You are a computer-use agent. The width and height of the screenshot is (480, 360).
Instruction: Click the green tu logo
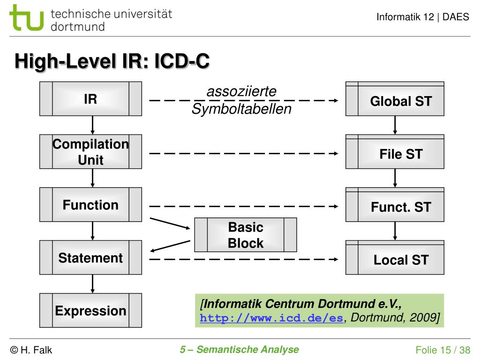[26, 18]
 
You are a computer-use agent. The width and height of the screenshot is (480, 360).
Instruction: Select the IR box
[90, 98]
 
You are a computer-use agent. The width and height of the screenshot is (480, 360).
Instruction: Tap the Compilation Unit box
[90, 151]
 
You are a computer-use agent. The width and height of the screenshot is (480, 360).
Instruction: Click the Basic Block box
[246, 235]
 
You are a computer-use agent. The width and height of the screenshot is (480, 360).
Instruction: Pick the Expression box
[90, 310]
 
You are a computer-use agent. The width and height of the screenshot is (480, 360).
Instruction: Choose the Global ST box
[395, 98]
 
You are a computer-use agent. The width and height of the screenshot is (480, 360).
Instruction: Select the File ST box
[395, 151]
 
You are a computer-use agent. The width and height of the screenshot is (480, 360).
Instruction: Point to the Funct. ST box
[395, 204]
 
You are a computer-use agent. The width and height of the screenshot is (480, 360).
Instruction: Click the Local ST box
[395, 257]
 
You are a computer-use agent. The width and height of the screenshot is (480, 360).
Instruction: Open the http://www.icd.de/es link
[271, 318]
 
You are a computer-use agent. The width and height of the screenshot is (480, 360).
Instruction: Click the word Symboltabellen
[241, 109]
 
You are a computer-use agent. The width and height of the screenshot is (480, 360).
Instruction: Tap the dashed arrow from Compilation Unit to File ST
[244, 153]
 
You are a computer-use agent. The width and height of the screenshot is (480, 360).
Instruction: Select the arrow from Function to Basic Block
[170, 224]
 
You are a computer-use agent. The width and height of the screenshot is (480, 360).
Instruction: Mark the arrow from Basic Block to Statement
[170, 246]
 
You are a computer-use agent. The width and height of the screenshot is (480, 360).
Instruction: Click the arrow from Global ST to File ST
[395, 125]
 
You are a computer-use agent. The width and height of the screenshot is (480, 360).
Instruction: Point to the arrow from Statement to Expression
[92, 284]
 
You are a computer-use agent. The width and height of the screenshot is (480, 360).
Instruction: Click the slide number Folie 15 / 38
[442, 350]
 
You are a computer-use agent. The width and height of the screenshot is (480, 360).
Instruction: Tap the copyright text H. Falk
[31, 350]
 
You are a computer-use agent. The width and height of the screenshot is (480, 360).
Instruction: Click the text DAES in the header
[456, 17]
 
